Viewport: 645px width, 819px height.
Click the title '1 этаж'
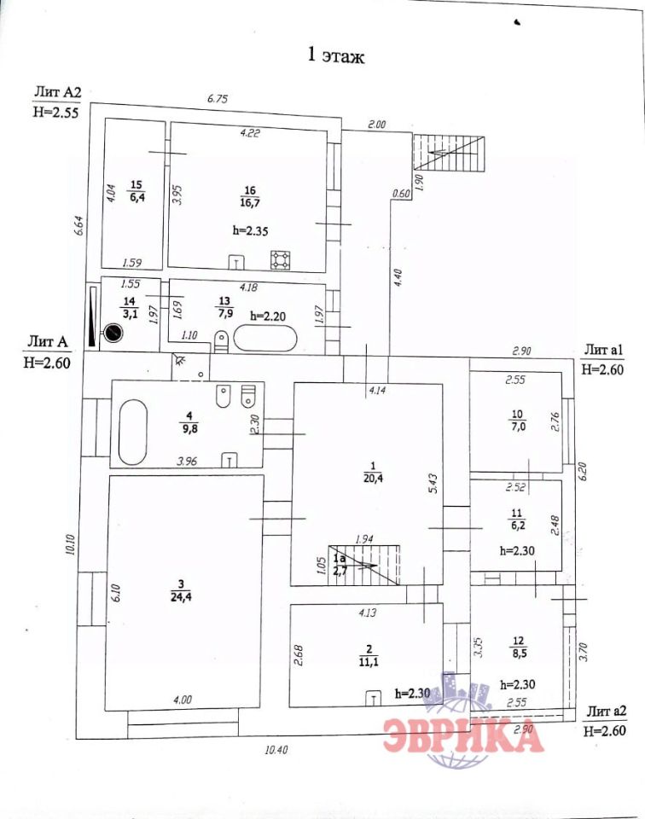[335, 57]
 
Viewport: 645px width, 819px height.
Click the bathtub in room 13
[265, 340]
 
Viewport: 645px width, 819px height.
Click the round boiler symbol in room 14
[112, 332]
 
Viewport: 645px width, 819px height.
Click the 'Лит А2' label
[56, 91]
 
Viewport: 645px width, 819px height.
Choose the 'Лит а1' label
[606, 350]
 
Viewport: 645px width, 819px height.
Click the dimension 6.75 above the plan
[218, 99]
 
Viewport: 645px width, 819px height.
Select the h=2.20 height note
[270, 316]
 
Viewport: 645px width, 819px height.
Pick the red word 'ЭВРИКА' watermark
[462, 735]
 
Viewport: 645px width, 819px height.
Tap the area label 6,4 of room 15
[137, 198]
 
